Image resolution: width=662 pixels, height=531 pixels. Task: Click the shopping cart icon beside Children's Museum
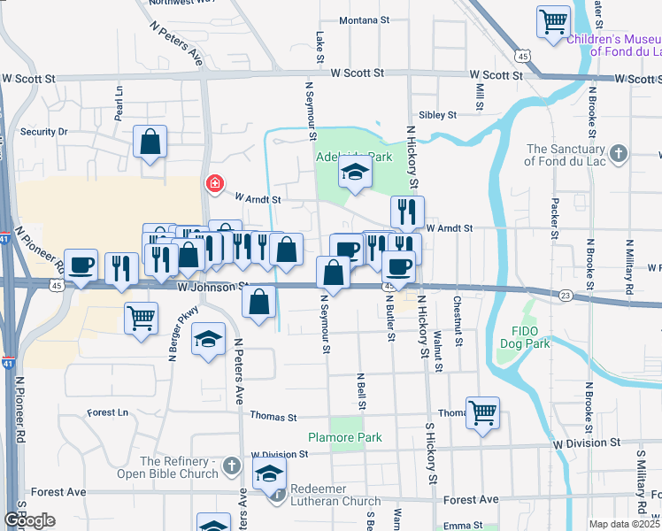pyautogui.click(x=553, y=21)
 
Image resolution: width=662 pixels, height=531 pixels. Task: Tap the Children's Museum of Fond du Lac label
pyautogui.click(x=612, y=45)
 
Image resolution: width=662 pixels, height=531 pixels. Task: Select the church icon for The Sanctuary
pyautogui.click(x=619, y=153)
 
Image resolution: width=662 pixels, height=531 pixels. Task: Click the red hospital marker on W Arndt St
pyautogui.click(x=213, y=184)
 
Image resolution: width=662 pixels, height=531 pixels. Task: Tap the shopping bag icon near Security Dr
pyautogui.click(x=150, y=141)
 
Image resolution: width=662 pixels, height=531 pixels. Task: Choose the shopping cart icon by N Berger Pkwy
pyautogui.click(x=142, y=317)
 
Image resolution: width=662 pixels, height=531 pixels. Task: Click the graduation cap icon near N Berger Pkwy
pyautogui.click(x=209, y=340)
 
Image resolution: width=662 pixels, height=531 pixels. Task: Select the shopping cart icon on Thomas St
pyautogui.click(x=482, y=412)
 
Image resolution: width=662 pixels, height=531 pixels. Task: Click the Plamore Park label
pyautogui.click(x=345, y=437)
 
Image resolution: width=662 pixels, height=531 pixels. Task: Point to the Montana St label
pyautogui.click(x=358, y=20)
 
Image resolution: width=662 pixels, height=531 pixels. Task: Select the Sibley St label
pyautogui.click(x=437, y=115)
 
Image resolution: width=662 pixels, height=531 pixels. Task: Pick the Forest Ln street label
pyautogui.click(x=108, y=412)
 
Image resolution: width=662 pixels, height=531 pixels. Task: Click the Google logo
pyautogui.click(x=29, y=520)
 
